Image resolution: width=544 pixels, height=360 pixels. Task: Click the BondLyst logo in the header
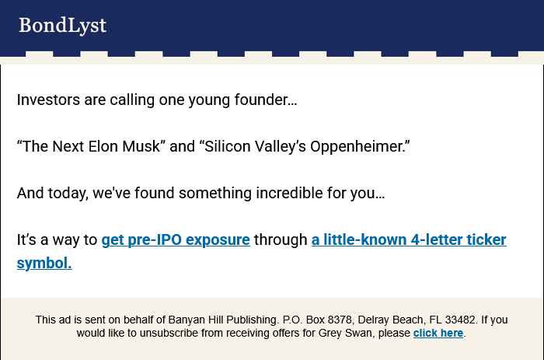coord(62,26)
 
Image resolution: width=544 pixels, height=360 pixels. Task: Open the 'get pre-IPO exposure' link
coord(176,240)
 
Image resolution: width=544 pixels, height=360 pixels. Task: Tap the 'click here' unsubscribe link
coord(438,333)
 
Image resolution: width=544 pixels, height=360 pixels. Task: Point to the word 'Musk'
coord(141,146)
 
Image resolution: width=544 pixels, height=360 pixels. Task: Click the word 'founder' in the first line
coord(262,100)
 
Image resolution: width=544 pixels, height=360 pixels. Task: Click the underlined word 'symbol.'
coord(44,263)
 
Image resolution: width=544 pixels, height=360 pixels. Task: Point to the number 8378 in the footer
coord(340,320)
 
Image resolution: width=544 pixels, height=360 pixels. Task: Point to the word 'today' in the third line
coord(68,194)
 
